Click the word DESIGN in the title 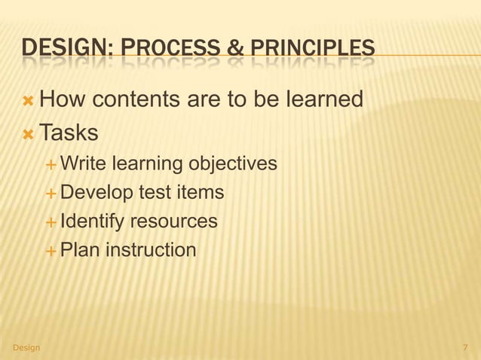(x=66, y=50)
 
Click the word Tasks (x=69, y=133)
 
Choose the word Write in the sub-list (x=83, y=163)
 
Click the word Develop (x=96, y=193)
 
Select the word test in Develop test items (x=152, y=193)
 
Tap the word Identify (x=92, y=221)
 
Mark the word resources (x=174, y=221)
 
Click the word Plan (x=78, y=249)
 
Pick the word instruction (x=149, y=249)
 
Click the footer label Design (x=26, y=347)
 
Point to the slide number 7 (x=464, y=347)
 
